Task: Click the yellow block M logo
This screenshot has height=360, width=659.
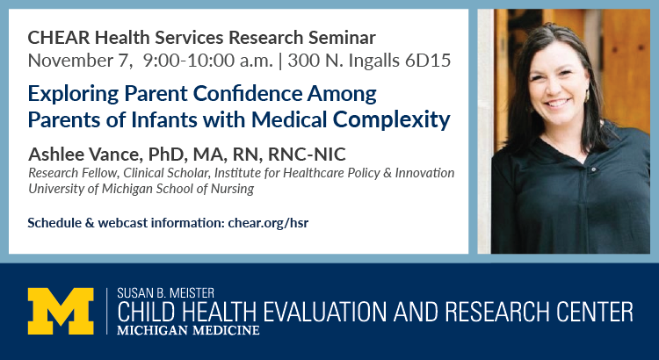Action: (61, 312)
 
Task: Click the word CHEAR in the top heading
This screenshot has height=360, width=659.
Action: (58, 38)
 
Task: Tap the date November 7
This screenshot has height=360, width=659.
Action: (77, 61)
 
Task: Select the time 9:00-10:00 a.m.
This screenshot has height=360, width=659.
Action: (208, 61)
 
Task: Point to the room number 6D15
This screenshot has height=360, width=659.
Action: (428, 61)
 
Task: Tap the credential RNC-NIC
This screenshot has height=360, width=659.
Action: (307, 155)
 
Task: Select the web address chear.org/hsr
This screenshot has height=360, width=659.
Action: (268, 223)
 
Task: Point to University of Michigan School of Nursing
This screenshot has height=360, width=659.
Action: (141, 189)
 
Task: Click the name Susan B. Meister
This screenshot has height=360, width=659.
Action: (165, 292)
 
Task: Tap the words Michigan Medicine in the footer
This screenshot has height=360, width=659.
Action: (188, 330)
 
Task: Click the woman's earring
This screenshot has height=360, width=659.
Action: (586, 96)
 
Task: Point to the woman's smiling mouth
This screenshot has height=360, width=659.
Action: (556, 103)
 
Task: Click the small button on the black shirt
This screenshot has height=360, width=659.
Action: (593, 169)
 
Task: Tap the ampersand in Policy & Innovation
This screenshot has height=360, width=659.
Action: (387, 173)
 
